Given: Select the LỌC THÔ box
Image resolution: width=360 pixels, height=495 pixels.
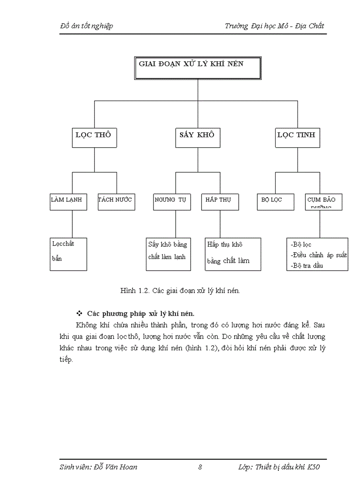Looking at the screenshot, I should pos(95,137).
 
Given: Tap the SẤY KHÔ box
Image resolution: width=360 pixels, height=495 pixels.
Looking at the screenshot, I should pos(197,137).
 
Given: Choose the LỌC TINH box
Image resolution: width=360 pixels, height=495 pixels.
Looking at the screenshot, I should pos(296,137).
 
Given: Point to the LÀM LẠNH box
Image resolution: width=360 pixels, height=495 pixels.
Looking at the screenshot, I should pos(68,201).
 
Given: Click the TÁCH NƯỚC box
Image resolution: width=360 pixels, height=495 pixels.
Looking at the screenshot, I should pos(116,201).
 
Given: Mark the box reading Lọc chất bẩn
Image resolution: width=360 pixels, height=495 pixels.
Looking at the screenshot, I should pos(68,254).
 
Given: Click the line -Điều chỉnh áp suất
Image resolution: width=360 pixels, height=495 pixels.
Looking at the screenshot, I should pos(319,255).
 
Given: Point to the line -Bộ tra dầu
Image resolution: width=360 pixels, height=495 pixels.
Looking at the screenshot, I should pos(307,266).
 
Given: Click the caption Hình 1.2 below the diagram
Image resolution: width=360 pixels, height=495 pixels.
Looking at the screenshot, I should pos(180,291).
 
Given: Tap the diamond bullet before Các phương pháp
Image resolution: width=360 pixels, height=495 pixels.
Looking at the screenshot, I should pos(80,314).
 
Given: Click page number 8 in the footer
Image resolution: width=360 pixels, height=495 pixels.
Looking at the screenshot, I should pos(200,467).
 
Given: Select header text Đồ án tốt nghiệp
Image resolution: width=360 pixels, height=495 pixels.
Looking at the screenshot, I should pos(86,26).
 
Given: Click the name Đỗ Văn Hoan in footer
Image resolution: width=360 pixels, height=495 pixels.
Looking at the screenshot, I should pos(116,467).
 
